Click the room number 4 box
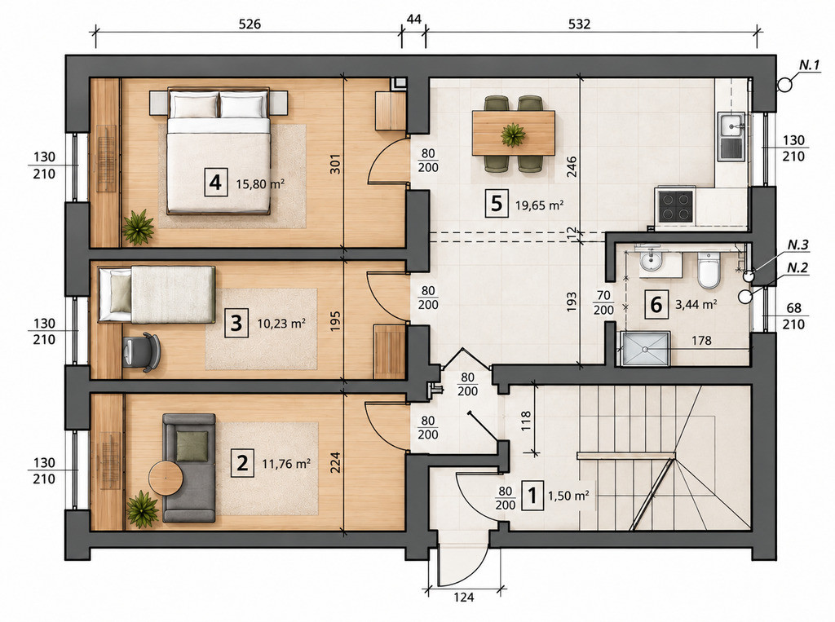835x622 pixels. (215, 183)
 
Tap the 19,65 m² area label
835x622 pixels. (540, 205)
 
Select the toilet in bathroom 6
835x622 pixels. (709, 270)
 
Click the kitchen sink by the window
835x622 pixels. (731, 136)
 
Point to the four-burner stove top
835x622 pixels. (676, 206)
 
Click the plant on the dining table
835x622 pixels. (513, 134)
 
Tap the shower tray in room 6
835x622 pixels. (644, 349)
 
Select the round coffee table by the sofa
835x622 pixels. (166, 479)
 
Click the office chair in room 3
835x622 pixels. (140, 351)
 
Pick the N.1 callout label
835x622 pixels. (809, 65)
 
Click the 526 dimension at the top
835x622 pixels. (250, 24)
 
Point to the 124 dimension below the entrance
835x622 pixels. (464, 598)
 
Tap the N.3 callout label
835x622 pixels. (797, 245)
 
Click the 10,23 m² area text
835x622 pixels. (281, 324)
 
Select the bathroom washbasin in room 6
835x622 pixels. (649, 261)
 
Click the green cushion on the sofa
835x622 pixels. (192, 446)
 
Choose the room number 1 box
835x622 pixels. (532, 496)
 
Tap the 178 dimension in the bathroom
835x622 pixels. (701, 340)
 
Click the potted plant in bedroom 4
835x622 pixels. (138, 227)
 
